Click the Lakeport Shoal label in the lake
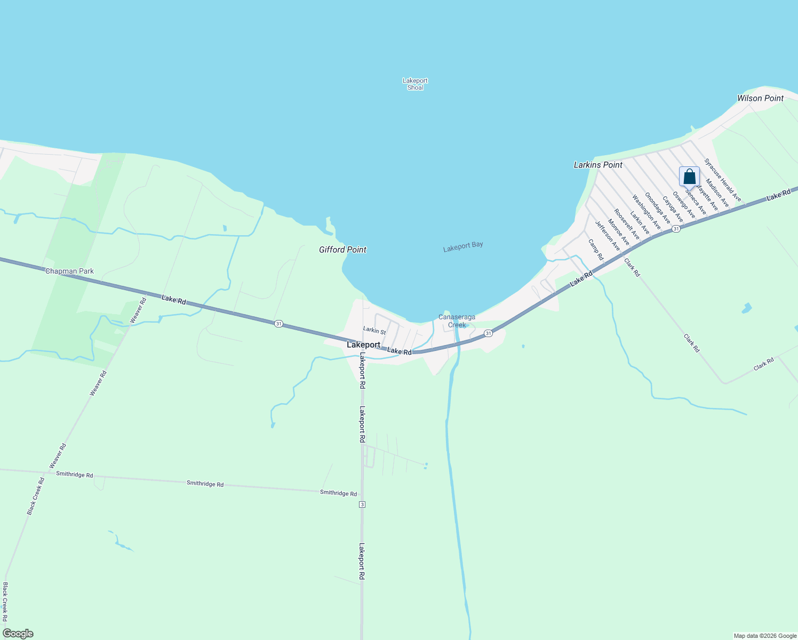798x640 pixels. click(415, 84)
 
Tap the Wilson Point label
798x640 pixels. click(760, 98)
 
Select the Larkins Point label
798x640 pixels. click(598, 165)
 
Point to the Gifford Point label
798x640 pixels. click(342, 250)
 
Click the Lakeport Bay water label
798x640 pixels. click(463, 246)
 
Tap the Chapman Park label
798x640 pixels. click(69, 271)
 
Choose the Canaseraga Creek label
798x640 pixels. click(457, 321)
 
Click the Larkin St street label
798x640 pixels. click(374, 331)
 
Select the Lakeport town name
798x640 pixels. click(363, 345)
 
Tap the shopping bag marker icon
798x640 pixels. click(689, 177)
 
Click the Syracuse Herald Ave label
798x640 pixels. click(722, 180)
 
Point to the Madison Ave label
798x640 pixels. click(717, 193)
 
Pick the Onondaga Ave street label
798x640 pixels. click(657, 208)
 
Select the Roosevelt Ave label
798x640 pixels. click(626, 224)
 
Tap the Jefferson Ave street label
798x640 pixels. click(608, 236)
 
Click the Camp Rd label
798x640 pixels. click(595, 249)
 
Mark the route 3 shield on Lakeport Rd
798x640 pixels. click(362, 505)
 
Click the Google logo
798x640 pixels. click(18, 634)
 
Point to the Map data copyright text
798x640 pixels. click(765, 636)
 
